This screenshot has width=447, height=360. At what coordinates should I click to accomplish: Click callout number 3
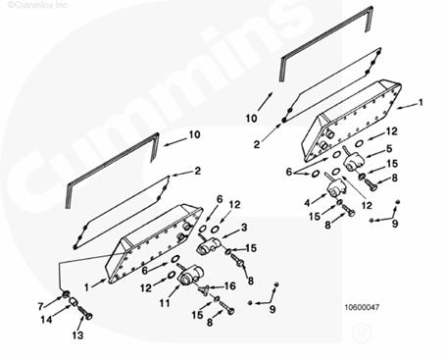pos(244,228)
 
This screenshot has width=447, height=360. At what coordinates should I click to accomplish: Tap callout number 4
pos(307,203)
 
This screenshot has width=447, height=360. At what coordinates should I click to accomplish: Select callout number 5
pos(389,149)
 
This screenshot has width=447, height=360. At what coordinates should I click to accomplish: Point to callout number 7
pos(40,306)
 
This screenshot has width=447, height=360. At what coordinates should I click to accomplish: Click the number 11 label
pos(165,303)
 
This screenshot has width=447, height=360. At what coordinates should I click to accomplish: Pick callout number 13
pos(77,335)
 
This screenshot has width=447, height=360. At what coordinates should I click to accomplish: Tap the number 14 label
pos(46,319)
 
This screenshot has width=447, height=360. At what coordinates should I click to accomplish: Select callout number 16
pos(230,286)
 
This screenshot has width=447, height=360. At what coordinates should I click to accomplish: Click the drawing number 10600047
pos(363,307)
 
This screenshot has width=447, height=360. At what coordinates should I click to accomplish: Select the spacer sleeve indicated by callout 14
pos(74,302)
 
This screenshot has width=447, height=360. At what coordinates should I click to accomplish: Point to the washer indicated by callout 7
pos(66,294)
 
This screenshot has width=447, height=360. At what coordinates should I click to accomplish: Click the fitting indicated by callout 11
pos(191,277)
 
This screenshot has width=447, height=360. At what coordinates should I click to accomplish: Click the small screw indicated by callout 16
pos(203,289)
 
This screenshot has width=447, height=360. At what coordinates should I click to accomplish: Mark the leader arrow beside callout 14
pos(61,311)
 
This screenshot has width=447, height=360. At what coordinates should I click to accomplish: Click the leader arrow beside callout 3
pos(230,233)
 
